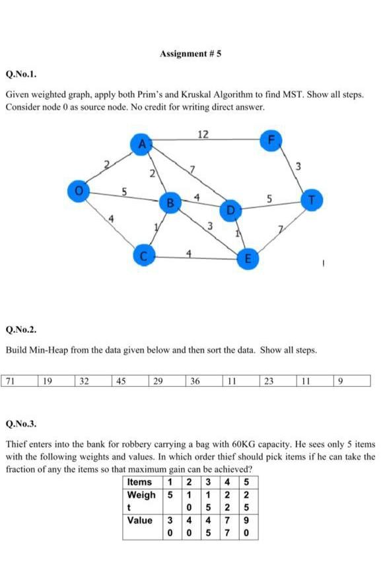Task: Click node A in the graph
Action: click(x=141, y=144)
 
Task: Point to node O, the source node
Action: click(x=79, y=191)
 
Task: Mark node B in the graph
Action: click(x=170, y=202)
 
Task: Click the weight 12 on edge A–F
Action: click(x=203, y=134)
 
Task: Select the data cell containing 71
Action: click(x=11, y=380)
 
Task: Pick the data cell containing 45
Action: click(x=121, y=380)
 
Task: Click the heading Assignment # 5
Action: click(x=190, y=53)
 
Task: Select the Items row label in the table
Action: click(x=139, y=482)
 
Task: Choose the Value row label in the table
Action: click(x=139, y=520)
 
